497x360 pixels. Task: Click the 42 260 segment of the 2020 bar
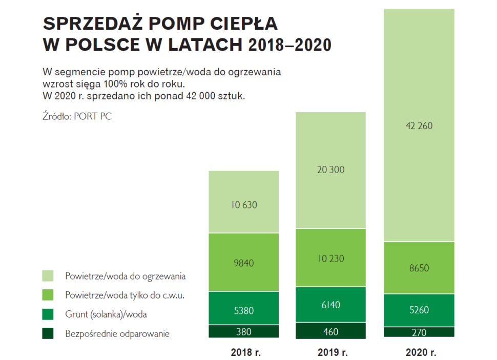click(419, 125)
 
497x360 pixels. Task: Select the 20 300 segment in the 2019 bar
click(330, 170)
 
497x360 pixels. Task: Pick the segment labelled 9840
click(243, 263)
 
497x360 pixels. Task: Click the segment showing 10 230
click(330, 258)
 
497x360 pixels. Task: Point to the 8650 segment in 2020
click(419, 268)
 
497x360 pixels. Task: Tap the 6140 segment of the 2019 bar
click(330, 305)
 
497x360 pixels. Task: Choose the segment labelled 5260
click(419, 310)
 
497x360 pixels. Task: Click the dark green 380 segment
click(243, 332)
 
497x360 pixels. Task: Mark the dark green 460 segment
click(330, 331)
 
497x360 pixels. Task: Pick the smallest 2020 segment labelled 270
click(419, 332)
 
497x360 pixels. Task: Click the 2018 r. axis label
click(244, 352)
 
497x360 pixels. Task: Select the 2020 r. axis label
click(420, 352)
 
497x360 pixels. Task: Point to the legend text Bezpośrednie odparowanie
click(117, 334)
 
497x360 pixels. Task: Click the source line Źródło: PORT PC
click(77, 116)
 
